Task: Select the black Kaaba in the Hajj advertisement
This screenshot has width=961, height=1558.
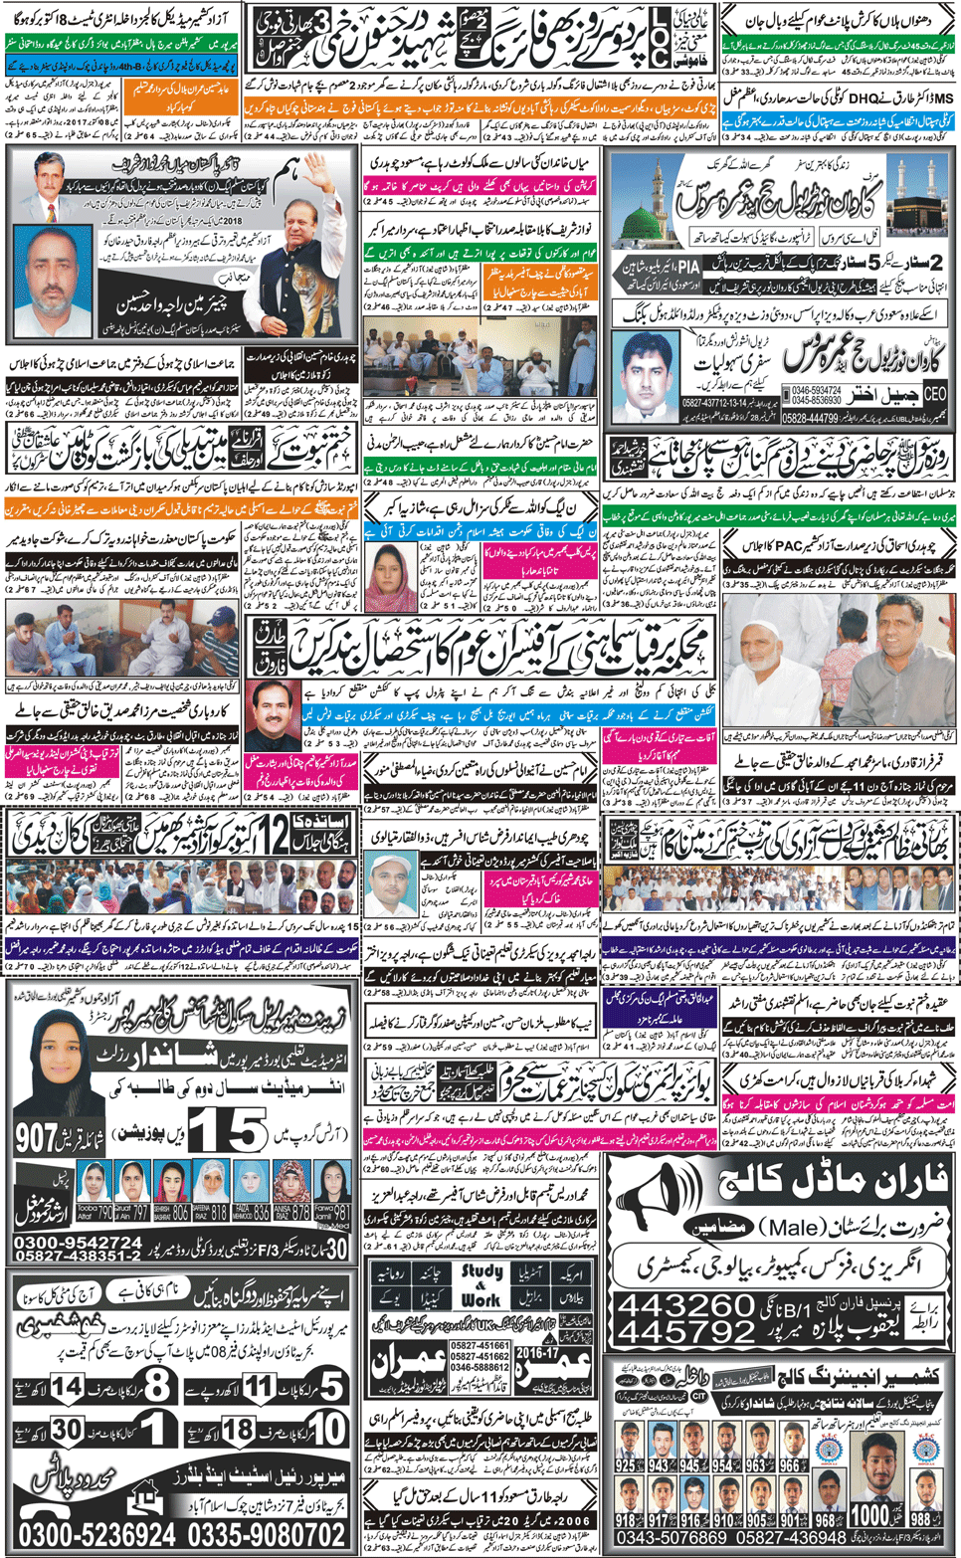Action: coord(914,208)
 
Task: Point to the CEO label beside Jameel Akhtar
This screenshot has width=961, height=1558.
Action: coord(934,394)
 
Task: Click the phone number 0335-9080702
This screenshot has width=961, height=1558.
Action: coord(267,1535)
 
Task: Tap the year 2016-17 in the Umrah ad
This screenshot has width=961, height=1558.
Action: coord(537,1353)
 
